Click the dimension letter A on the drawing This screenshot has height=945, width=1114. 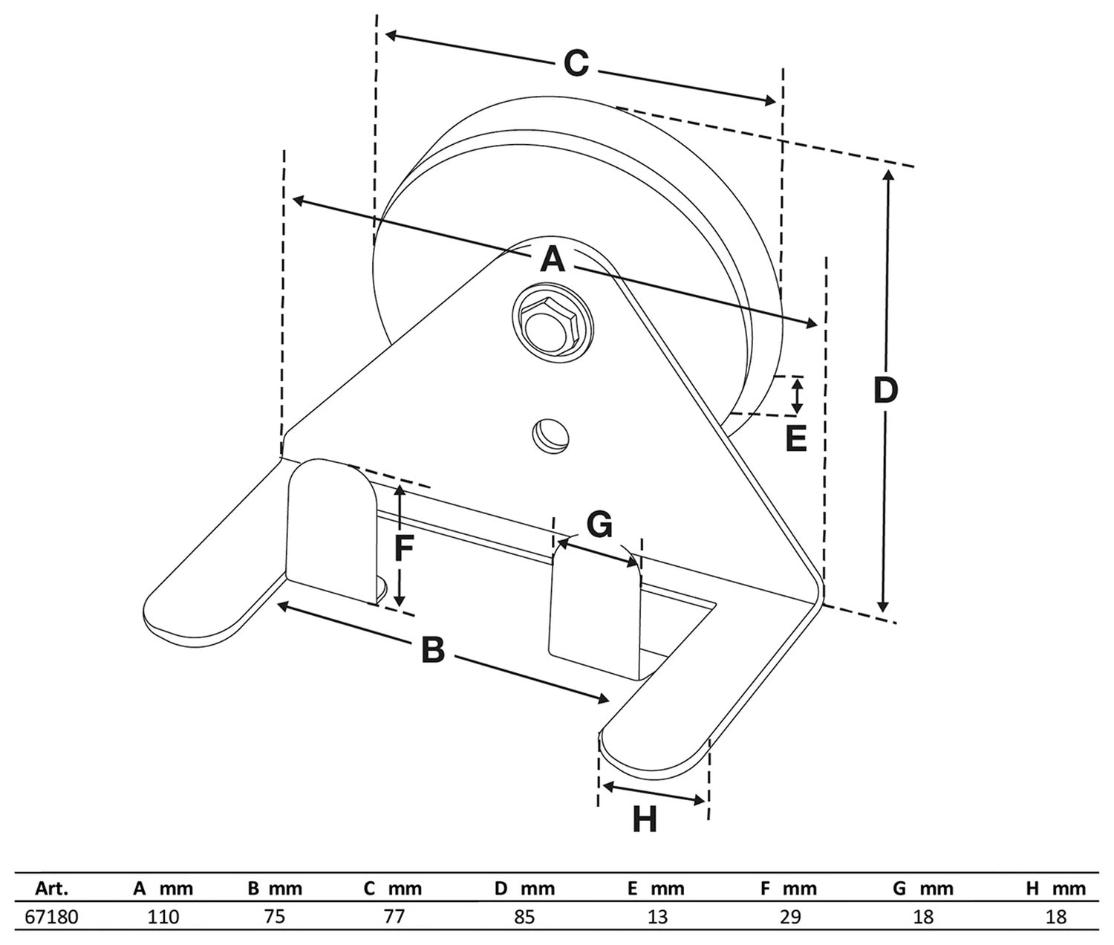552,260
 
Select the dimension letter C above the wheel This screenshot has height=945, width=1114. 576,64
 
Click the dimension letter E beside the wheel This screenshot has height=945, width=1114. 795,439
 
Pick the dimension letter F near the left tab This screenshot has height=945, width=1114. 403,548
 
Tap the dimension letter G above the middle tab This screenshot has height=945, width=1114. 599,525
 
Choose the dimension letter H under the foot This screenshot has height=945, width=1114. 645,820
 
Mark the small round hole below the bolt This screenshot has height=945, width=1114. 550,432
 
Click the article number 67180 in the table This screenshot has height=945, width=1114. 51,917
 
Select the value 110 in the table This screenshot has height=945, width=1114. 163,917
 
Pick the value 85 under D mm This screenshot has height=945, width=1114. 524,917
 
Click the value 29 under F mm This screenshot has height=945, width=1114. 789,917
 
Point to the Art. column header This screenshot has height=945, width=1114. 51,889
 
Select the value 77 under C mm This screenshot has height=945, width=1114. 394,917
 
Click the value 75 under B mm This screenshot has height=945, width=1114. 275,917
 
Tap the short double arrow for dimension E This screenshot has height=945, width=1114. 797,395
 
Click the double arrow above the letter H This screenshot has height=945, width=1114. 652,792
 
